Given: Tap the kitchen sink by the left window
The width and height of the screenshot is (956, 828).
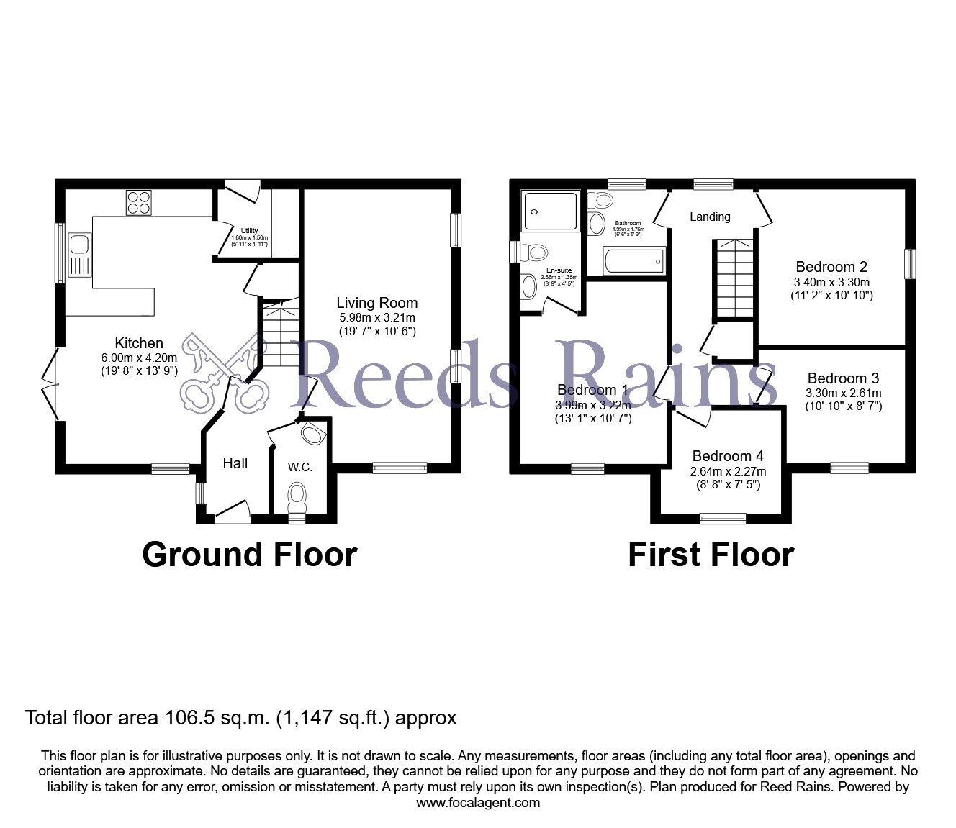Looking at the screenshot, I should (79, 255).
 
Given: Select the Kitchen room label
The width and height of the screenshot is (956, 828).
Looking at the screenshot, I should (139, 344).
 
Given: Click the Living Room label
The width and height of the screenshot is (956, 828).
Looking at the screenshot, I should (377, 303).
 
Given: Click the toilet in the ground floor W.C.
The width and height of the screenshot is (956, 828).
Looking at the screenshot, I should (297, 495).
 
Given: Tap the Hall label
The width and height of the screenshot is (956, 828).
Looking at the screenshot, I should (235, 464).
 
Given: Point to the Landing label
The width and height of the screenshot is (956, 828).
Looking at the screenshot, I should (710, 217).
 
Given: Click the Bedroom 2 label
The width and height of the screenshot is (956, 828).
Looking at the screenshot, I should (825, 267).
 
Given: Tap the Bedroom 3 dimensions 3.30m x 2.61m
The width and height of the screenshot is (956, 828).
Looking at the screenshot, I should (843, 393).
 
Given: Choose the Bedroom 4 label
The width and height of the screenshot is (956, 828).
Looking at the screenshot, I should (728, 456).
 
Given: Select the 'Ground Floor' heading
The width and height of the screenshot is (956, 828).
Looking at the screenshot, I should (249, 555).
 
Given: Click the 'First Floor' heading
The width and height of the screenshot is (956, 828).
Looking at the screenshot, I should (711, 555).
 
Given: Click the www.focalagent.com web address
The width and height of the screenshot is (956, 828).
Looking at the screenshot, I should (478, 802).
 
